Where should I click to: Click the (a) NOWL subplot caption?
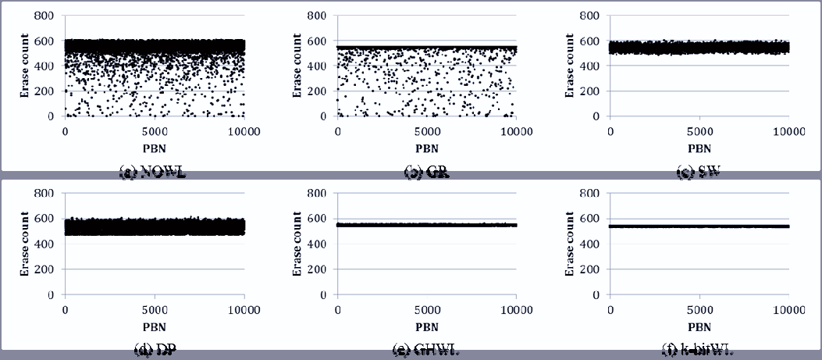tap(152, 173)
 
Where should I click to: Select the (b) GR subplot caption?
tap(426, 173)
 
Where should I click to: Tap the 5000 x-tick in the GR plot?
tap(426, 132)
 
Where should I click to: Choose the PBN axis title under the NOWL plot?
tap(154, 147)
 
